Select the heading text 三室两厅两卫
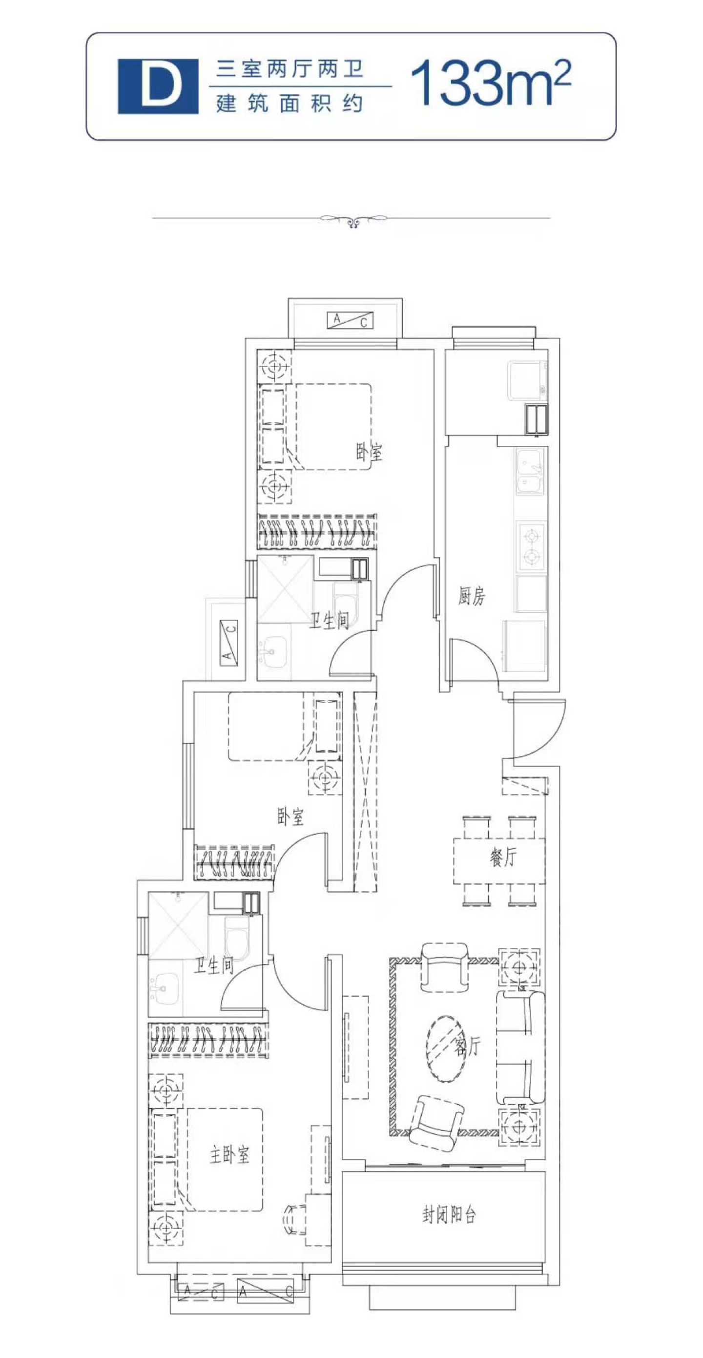point(289,69)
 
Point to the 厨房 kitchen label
point(471,596)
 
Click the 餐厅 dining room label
point(503,857)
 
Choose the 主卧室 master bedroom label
point(229,1155)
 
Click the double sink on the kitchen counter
point(530,471)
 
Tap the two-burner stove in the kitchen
point(531,546)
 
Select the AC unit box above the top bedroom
point(350,320)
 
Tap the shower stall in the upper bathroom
point(285,589)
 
